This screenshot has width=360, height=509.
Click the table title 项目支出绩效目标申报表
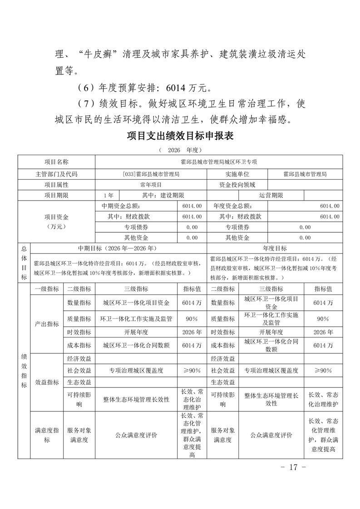tap(180, 136)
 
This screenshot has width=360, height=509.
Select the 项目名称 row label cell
tap(56, 162)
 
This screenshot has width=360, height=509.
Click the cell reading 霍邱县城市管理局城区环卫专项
tap(218, 162)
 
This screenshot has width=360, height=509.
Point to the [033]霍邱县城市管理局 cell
tap(151, 174)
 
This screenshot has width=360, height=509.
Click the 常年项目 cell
tap(151, 185)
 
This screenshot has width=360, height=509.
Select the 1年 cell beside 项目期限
tap(108, 196)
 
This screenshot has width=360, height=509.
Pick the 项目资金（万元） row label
tap(56, 221)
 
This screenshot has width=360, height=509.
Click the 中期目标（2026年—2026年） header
tap(118, 249)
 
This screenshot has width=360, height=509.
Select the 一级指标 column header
tap(46, 289)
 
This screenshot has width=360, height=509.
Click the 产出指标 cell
tap(46, 324)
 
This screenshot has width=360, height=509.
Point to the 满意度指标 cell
tap(46, 435)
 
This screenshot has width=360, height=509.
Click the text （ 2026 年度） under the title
tap(180, 149)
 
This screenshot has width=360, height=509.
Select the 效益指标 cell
tap(46, 382)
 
